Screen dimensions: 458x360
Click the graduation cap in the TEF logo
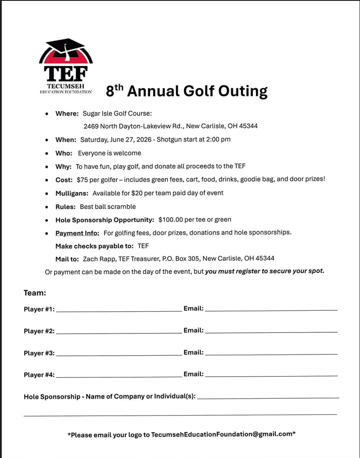(x=65, y=47)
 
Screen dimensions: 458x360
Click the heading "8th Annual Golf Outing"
(x=187, y=91)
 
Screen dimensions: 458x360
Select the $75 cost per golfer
(x=82, y=179)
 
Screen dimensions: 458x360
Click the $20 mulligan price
(x=137, y=193)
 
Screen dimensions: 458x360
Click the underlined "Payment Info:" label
(x=77, y=233)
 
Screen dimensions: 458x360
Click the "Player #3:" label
(x=39, y=353)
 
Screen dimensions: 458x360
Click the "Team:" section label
(x=35, y=293)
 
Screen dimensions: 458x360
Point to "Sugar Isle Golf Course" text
(x=117, y=114)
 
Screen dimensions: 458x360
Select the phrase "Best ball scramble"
(x=108, y=207)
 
